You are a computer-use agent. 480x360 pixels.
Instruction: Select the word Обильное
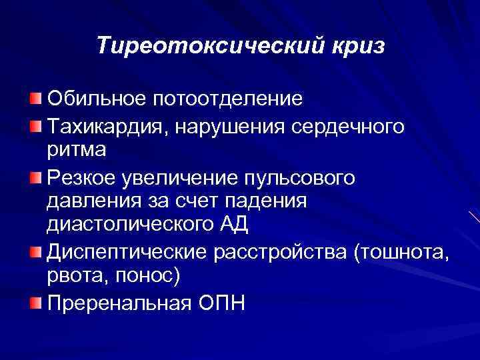point(95,99)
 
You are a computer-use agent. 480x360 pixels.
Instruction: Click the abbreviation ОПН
point(221,303)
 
